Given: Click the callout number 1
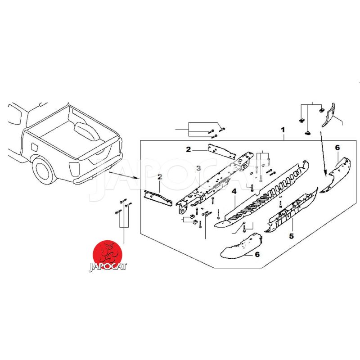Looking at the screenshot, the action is tap(283, 130).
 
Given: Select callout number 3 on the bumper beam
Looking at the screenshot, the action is tap(198, 168).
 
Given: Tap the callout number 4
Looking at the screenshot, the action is tap(234, 191).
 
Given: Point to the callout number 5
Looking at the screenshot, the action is tap(291, 236).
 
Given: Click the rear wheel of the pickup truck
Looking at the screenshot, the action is tap(43, 169).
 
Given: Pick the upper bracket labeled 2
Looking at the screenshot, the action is tap(221, 151).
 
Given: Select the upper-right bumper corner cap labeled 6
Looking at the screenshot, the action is tap(335, 175).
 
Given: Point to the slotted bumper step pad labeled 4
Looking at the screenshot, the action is tap(262, 194).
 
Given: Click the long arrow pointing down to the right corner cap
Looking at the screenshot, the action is tap(323, 154).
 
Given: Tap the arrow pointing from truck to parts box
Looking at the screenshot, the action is tap(124, 175).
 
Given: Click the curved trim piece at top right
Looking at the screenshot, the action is tap(329, 115).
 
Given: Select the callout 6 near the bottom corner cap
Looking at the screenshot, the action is tap(257, 254).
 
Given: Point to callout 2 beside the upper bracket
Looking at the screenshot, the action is tap(188, 149).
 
